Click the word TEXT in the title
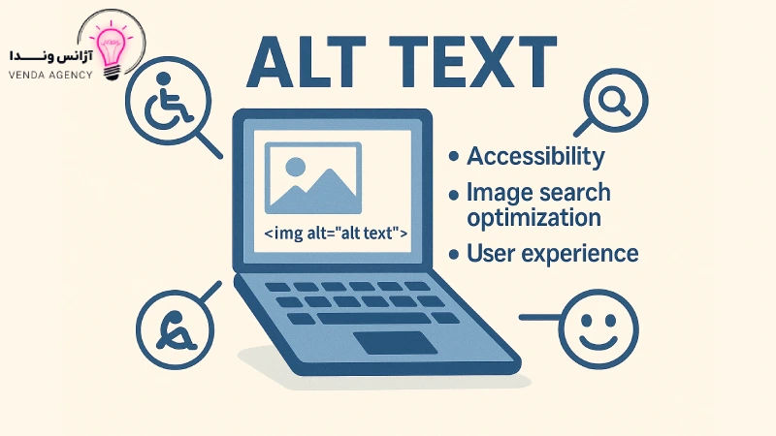pos(472,62)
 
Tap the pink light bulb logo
pos(112,53)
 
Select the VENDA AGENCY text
pos(50,76)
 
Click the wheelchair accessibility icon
pos(167,101)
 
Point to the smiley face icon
pos(598,329)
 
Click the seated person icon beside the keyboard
pos(175,330)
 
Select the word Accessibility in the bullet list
pos(535,157)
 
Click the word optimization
pos(534,218)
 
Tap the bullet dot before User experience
pos(454,255)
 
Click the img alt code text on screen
pos(336,233)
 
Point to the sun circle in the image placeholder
pos(296,167)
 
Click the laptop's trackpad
pos(396,343)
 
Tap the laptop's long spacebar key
pos(374,319)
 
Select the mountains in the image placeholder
pos(312,190)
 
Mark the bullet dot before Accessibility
pos(454,157)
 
